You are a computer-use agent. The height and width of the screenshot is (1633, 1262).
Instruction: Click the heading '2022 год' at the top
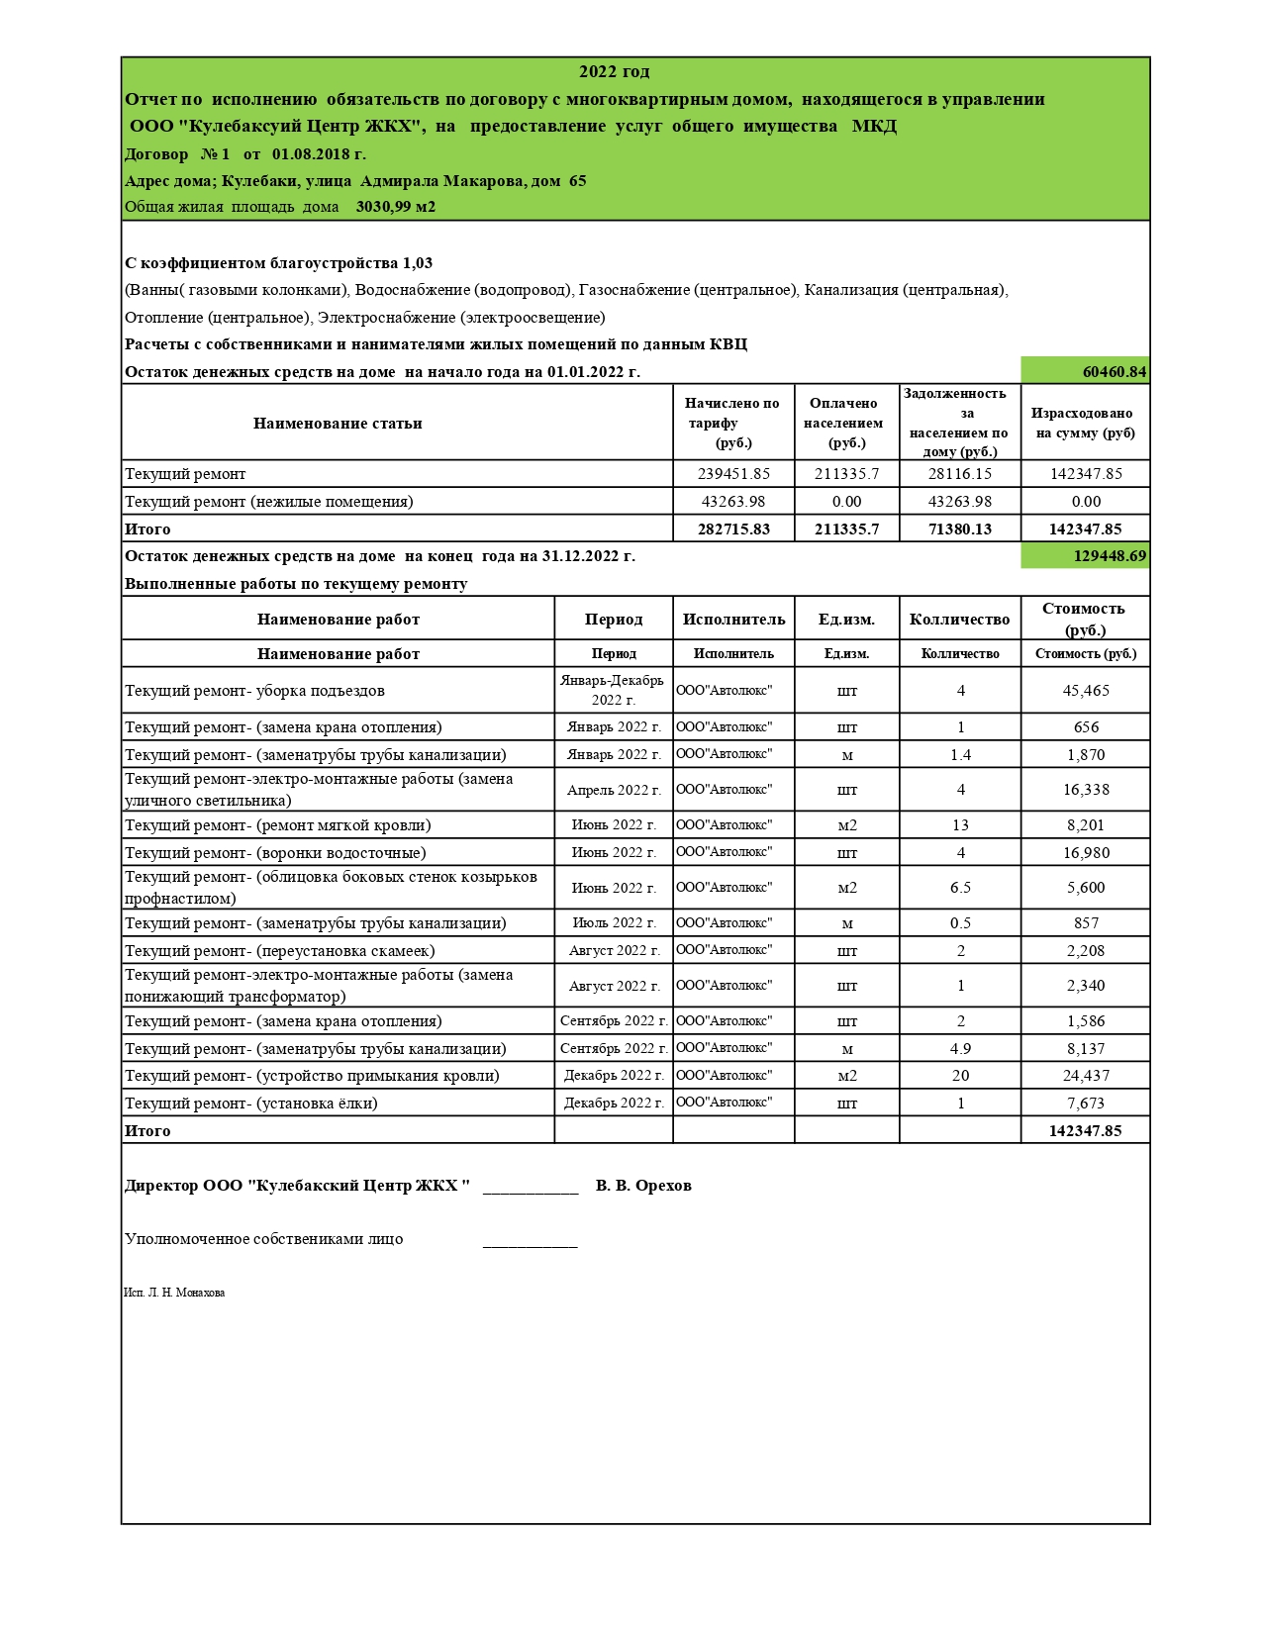(x=614, y=72)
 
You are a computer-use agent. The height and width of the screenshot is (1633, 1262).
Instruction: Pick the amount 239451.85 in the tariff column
(x=733, y=474)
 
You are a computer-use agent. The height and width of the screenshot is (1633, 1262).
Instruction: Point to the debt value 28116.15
(x=959, y=474)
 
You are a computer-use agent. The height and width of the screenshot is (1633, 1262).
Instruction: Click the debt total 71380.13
(x=959, y=529)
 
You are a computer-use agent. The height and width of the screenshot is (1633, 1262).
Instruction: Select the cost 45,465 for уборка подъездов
(x=1086, y=691)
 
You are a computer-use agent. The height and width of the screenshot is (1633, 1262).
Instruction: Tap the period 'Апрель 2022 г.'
(x=614, y=790)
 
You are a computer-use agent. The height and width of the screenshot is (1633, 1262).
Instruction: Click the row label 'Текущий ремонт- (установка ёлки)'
(x=251, y=1104)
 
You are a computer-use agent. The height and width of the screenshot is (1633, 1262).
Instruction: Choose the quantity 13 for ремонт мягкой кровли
(x=960, y=825)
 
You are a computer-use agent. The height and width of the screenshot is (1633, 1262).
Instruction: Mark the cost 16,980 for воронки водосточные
(x=1086, y=853)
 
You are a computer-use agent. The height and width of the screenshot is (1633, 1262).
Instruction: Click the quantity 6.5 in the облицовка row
(x=960, y=888)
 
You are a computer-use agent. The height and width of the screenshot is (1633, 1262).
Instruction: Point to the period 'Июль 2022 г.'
(x=614, y=923)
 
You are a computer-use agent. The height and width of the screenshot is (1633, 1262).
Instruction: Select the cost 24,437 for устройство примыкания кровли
(x=1086, y=1076)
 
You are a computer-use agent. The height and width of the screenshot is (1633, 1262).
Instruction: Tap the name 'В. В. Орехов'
(x=643, y=1186)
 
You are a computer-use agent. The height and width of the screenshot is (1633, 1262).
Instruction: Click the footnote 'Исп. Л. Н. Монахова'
(x=174, y=1293)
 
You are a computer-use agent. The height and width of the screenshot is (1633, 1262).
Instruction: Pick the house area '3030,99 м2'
(x=396, y=207)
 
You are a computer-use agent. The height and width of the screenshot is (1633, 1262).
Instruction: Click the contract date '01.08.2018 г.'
(x=319, y=154)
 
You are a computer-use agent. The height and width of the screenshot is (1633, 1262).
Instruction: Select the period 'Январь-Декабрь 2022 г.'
(x=613, y=690)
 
